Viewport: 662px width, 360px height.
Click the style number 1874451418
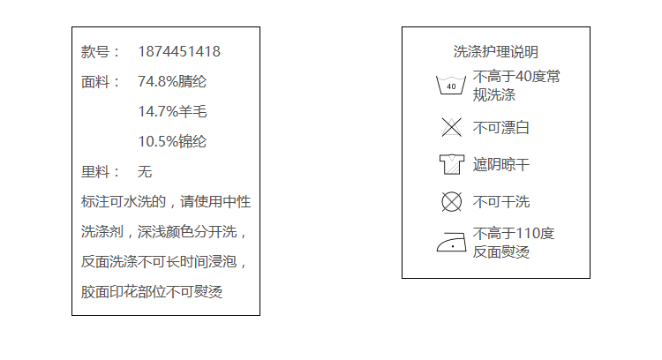[x=179, y=52]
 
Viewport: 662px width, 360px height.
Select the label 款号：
[x=101, y=52]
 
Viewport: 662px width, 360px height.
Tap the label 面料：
[x=101, y=82]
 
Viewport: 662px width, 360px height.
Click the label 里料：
[x=101, y=172]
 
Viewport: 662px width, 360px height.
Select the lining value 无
[x=145, y=172]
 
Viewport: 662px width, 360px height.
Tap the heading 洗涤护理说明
[x=495, y=52]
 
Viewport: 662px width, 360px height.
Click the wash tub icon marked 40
[x=451, y=86]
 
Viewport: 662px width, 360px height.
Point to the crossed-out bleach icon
[x=451, y=127]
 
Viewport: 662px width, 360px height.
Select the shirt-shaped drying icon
[x=451, y=164]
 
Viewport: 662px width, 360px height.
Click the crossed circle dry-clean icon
[x=451, y=202]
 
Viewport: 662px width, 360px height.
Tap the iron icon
[x=451, y=243]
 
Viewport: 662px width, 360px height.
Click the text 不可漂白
[x=501, y=128]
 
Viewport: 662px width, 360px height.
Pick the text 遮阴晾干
[x=501, y=165]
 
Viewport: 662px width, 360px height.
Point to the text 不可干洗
[x=501, y=202]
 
